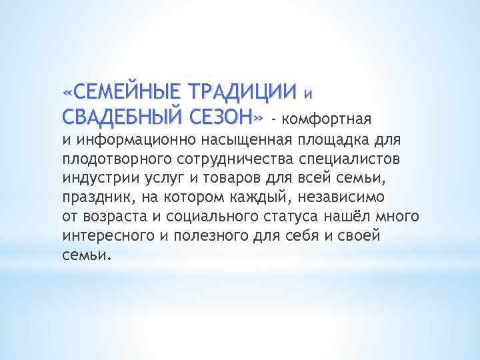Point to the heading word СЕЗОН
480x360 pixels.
223,117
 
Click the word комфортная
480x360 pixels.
327,119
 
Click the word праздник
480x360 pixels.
92,199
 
